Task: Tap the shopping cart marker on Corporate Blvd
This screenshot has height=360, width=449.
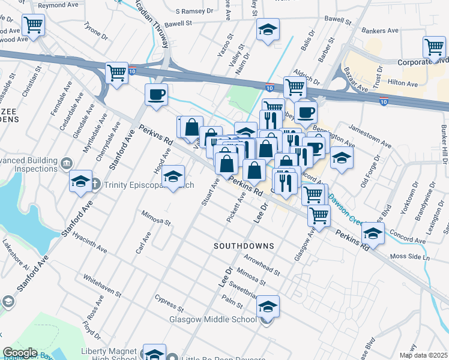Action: [433, 47]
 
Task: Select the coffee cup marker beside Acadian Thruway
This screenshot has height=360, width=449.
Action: [157, 95]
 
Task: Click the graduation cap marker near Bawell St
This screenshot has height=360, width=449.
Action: [268, 29]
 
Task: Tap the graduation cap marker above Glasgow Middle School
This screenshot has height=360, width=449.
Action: [268, 306]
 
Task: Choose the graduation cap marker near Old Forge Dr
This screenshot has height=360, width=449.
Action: [342, 158]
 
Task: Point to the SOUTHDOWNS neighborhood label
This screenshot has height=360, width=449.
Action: [244, 246]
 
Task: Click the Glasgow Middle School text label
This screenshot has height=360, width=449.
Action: [212, 319]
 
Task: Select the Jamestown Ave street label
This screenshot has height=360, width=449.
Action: [370, 138]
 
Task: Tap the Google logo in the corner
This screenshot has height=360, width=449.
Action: [19, 352]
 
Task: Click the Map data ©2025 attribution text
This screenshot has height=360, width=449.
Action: [423, 355]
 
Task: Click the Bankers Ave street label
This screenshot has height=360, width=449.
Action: [379, 31]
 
